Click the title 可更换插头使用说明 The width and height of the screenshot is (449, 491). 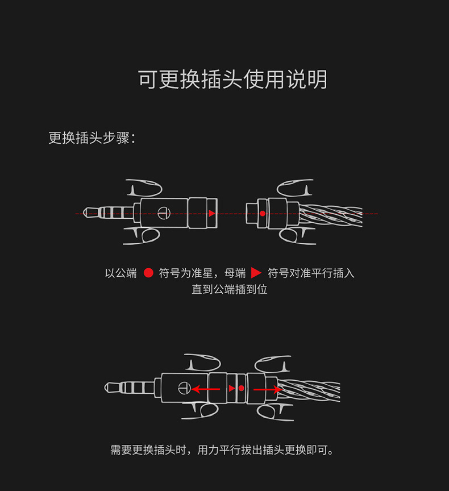point(232,80)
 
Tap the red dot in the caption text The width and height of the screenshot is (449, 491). point(148,273)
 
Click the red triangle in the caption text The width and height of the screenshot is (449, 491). point(256,273)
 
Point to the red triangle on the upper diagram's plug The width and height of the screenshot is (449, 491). point(211,213)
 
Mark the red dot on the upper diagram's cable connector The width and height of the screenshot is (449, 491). point(263,213)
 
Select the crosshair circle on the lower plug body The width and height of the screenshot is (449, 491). point(183,389)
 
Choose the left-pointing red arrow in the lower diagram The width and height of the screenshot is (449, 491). point(205,389)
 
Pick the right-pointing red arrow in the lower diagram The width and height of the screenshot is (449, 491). point(267,389)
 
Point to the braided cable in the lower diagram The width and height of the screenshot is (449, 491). point(310,390)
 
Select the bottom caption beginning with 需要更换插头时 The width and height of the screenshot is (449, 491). point(222,450)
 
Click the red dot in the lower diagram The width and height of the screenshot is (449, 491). point(241,389)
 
